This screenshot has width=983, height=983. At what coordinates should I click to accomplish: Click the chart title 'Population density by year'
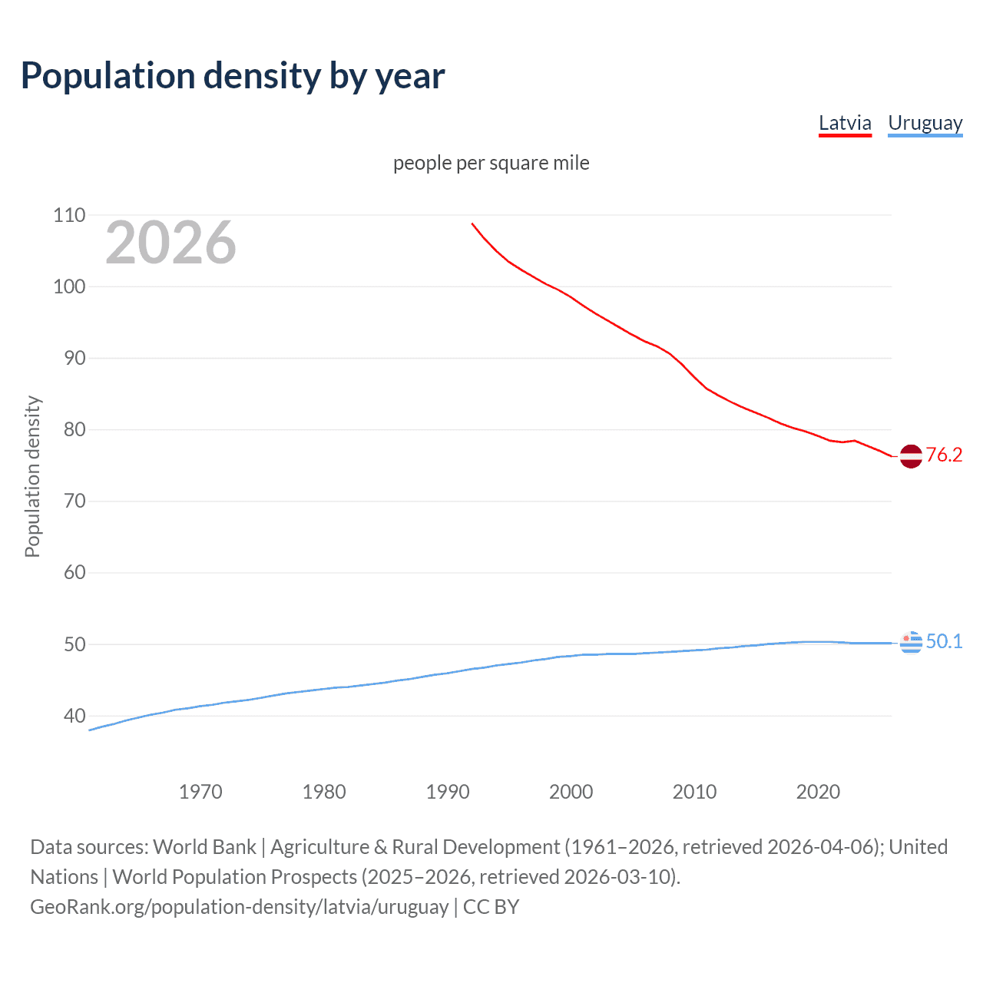click(233, 76)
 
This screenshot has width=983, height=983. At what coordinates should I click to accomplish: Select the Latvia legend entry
click(845, 123)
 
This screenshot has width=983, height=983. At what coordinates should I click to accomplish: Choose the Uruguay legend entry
click(925, 123)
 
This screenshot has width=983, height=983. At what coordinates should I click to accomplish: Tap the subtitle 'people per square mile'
click(491, 163)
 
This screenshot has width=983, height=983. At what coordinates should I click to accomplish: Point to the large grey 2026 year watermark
click(170, 243)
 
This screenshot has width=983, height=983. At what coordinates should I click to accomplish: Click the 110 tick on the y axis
click(69, 215)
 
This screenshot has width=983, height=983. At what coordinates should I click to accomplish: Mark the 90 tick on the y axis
click(69, 358)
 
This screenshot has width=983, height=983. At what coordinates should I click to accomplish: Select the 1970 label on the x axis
click(200, 792)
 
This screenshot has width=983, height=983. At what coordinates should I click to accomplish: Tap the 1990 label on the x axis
click(448, 792)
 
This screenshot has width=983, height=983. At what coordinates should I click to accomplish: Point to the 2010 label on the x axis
click(694, 792)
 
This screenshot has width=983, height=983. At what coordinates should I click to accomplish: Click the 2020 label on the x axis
click(818, 792)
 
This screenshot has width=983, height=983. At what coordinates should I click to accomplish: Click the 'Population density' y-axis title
click(32, 476)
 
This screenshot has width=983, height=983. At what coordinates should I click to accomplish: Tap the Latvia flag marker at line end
click(911, 456)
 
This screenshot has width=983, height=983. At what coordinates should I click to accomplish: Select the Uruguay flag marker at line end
click(911, 642)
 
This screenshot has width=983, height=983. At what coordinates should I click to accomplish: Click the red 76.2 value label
click(944, 455)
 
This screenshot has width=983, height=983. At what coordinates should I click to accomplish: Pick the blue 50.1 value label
click(944, 641)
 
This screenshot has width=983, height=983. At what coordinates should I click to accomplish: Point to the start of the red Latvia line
click(472, 223)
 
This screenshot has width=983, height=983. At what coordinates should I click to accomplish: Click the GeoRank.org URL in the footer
click(239, 906)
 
